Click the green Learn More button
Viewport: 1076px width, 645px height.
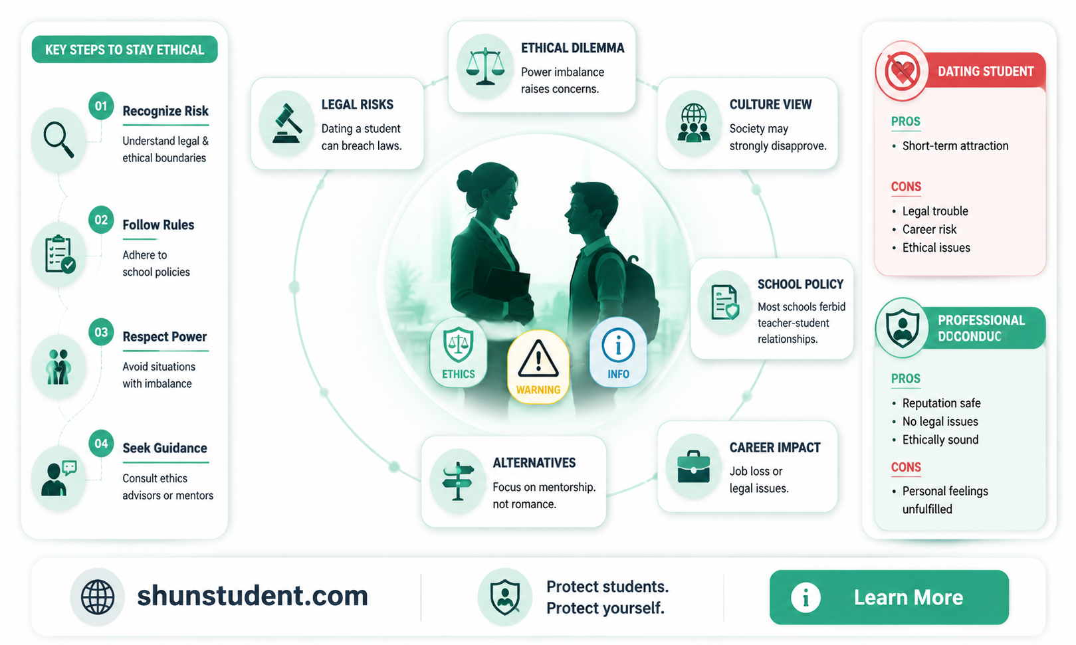(x=889, y=597)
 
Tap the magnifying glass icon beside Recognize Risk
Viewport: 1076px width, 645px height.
(x=58, y=139)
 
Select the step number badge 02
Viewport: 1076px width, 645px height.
(x=101, y=220)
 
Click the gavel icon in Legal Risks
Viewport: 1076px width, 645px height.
(x=286, y=124)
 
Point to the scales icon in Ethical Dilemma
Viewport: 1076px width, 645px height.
(x=485, y=66)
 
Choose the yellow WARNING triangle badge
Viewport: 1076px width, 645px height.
(x=538, y=367)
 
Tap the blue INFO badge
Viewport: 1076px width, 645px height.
(x=618, y=352)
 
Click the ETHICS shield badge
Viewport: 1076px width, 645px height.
(x=459, y=352)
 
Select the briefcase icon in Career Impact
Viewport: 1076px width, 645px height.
(x=693, y=466)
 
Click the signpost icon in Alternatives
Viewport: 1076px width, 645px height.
(x=458, y=481)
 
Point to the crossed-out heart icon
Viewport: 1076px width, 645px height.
(x=902, y=71)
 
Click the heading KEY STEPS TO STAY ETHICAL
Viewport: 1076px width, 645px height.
(x=124, y=49)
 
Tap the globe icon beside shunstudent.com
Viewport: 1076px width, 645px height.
(x=98, y=597)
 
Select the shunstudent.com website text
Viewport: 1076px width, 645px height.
(x=253, y=596)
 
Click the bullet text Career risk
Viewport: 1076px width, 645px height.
(x=929, y=230)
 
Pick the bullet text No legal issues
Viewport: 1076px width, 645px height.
(x=940, y=422)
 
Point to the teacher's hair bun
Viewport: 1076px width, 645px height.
(x=465, y=181)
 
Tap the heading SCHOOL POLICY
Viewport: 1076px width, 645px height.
(x=800, y=284)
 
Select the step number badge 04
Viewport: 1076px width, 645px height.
(x=101, y=443)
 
